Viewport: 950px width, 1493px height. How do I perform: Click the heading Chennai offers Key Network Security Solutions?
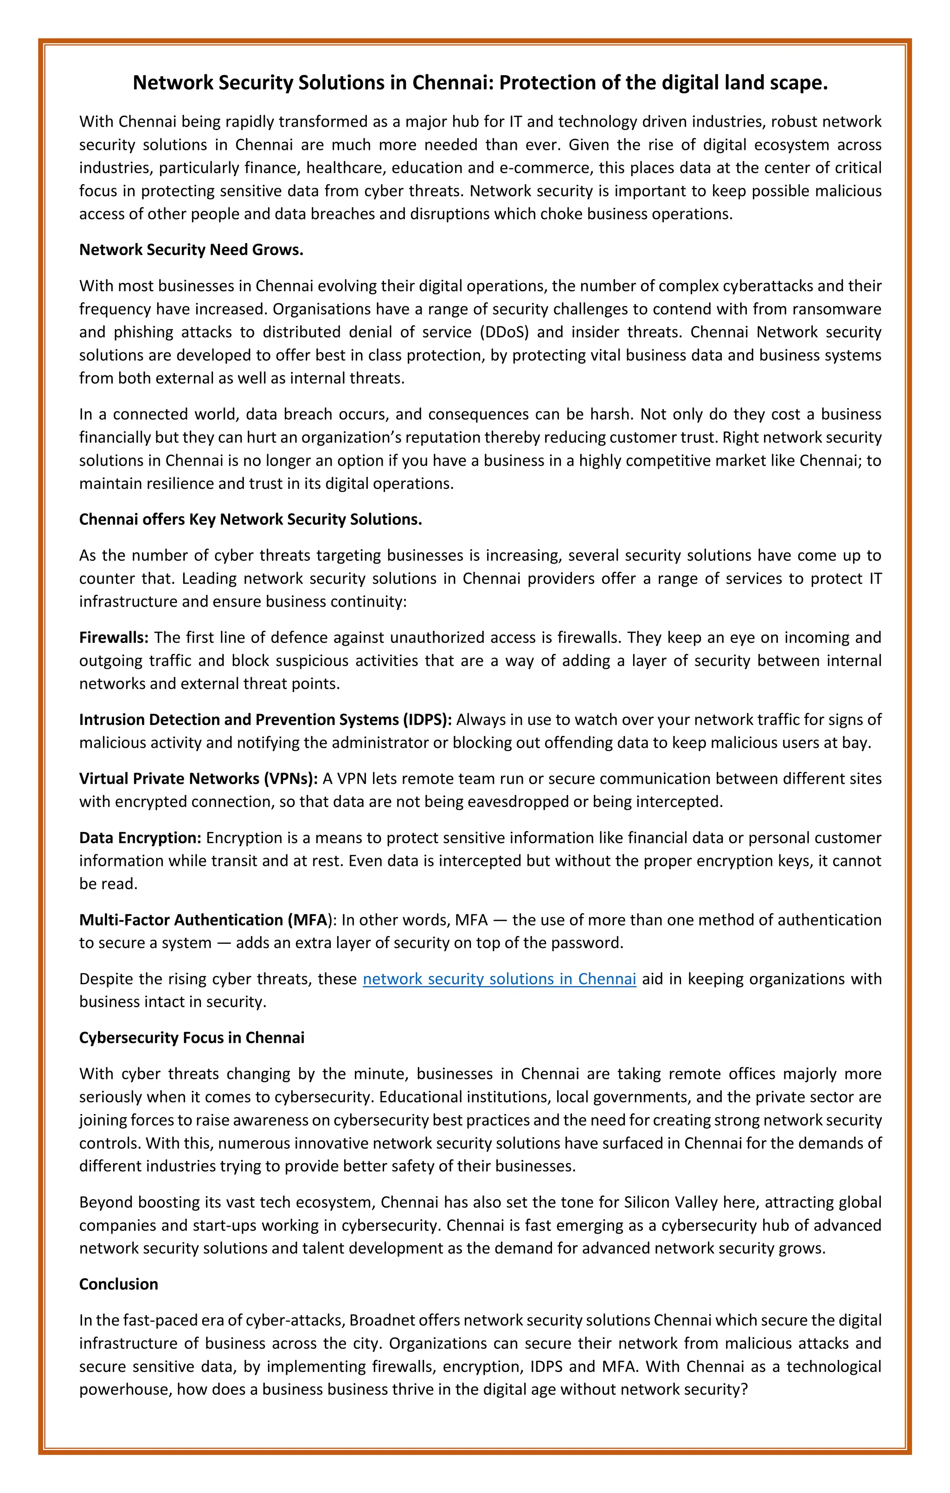tap(250, 519)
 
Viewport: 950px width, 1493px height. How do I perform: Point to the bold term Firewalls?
tap(114, 637)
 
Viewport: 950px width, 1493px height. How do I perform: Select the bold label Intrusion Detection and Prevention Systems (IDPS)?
tap(265, 719)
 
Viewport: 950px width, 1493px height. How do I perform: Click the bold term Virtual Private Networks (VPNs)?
tap(199, 778)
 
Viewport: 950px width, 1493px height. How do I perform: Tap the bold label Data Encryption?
tap(140, 838)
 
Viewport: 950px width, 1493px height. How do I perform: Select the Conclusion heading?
tap(118, 1284)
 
